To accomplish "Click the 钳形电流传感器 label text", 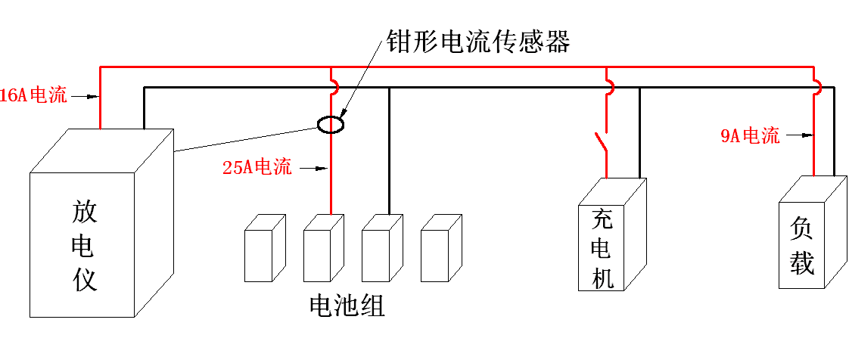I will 477,42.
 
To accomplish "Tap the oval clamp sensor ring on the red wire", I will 331,124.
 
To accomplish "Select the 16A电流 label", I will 33,96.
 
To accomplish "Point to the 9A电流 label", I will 749,137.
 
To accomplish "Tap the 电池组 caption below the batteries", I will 347,306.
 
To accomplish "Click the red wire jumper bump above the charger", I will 608,82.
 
